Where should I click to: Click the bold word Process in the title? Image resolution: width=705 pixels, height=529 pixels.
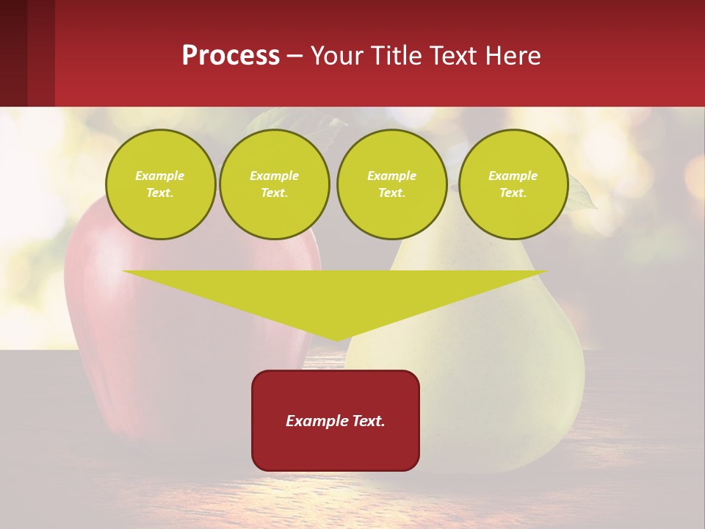[231, 56]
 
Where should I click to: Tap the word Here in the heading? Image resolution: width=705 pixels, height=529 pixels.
[512, 56]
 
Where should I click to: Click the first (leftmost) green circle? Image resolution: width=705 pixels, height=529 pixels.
[160, 184]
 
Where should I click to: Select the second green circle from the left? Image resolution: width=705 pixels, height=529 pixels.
[275, 184]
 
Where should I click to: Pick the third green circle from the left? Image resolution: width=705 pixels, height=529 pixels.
[391, 184]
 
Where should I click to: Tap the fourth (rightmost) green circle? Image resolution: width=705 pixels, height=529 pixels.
[513, 184]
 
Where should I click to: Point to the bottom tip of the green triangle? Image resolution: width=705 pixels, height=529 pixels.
[336, 339]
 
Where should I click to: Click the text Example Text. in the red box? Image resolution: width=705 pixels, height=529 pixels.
[336, 421]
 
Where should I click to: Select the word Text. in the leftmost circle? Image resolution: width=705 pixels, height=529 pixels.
[160, 193]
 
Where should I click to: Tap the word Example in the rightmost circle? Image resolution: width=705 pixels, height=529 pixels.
[513, 176]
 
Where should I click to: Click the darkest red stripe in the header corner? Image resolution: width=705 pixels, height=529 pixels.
[13, 53]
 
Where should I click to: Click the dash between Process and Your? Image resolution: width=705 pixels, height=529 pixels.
[295, 57]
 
